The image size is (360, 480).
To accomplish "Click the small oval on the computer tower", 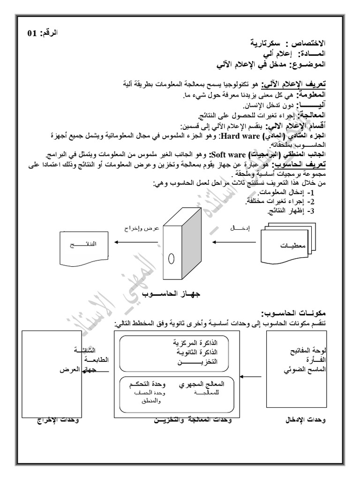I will pos(172,258).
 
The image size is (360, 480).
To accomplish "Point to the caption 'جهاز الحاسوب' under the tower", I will pos(180,294).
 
